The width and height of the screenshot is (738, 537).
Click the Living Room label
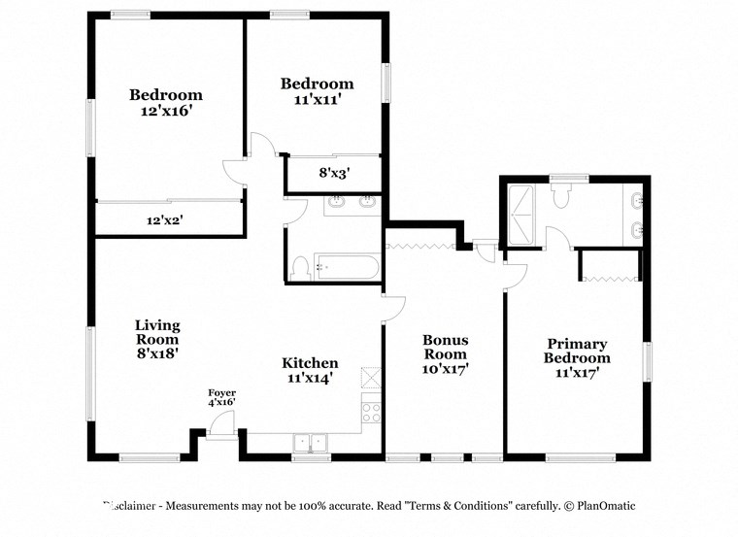[x=157, y=333]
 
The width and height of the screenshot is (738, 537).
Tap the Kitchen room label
[x=310, y=363]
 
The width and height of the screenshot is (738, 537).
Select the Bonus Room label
[x=445, y=341]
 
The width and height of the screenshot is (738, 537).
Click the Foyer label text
[x=221, y=393]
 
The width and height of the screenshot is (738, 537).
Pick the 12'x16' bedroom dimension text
[x=166, y=111]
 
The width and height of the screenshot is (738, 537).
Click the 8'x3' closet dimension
[x=334, y=174]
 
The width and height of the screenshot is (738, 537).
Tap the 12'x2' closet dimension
[x=165, y=220]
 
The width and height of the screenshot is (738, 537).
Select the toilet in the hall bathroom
[x=301, y=267]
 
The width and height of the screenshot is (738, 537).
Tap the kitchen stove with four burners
[x=372, y=411]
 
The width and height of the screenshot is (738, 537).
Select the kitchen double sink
[x=312, y=443]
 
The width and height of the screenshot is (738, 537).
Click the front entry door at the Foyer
[x=222, y=425]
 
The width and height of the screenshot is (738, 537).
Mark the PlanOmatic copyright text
[x=599, y=506]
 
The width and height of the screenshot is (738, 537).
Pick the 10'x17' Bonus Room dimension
[x=445, y=369]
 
